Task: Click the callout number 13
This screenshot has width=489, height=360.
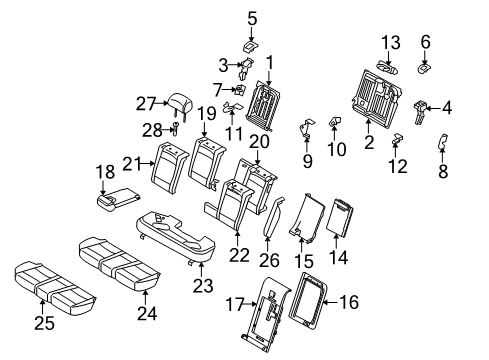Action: (x=391, y=41)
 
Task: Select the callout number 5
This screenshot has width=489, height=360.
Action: (x=252, y=17)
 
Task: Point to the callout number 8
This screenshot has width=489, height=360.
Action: (x=443, y=172)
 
